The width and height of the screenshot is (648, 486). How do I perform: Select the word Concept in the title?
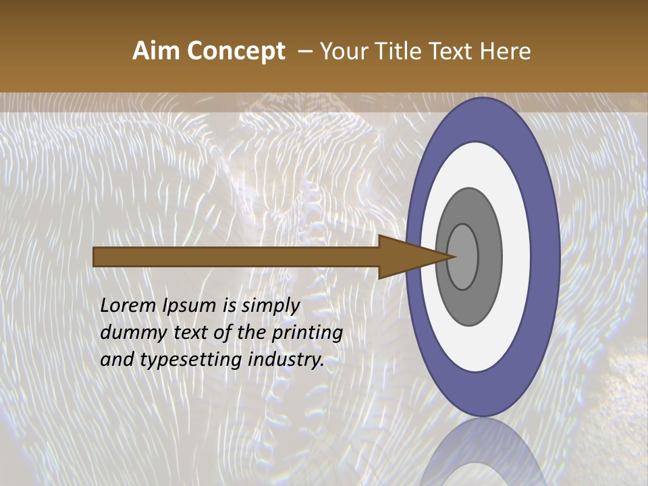236,51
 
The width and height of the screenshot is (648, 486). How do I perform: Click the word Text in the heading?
452,51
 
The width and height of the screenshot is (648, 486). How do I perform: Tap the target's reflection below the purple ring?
482,452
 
